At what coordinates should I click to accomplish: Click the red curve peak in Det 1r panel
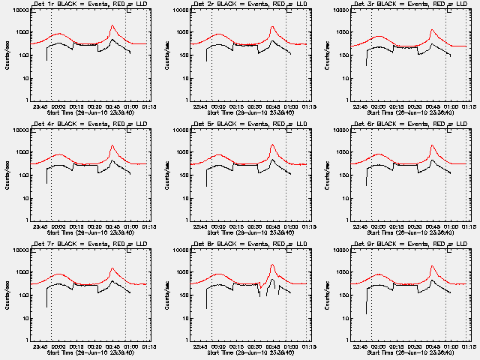coord(112,25)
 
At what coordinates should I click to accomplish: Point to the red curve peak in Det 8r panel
coord(272,265)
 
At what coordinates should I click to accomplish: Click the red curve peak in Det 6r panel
coord(433,145)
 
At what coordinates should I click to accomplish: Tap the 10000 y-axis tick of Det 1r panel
coord(19,10)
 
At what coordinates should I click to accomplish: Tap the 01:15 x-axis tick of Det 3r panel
coord(469,106)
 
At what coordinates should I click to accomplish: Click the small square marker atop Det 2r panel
coord(289,10)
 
